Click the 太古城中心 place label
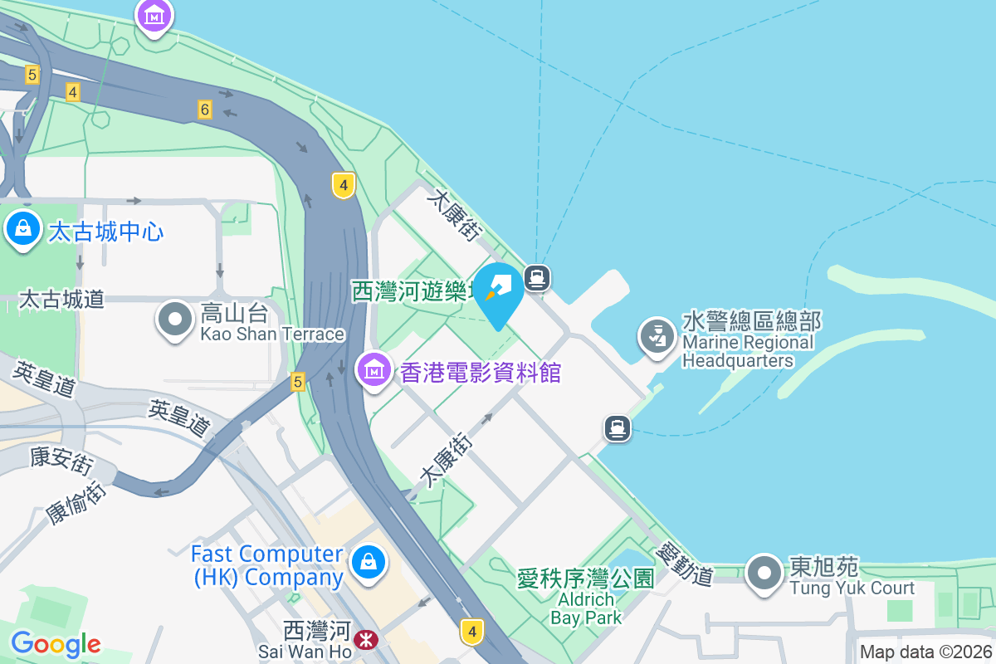click(105, 231)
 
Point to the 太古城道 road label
click(61, 299)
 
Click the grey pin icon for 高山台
click(175, 320)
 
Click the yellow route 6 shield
click(205, 109)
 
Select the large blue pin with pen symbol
click(499, 292)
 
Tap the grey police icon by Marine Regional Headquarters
click(657, 337)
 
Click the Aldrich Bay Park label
click(586, 608)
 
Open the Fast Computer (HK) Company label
click(267, 565)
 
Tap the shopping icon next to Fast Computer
click(368, 562)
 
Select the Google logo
click(56, 644)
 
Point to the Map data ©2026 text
click(925, 652)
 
